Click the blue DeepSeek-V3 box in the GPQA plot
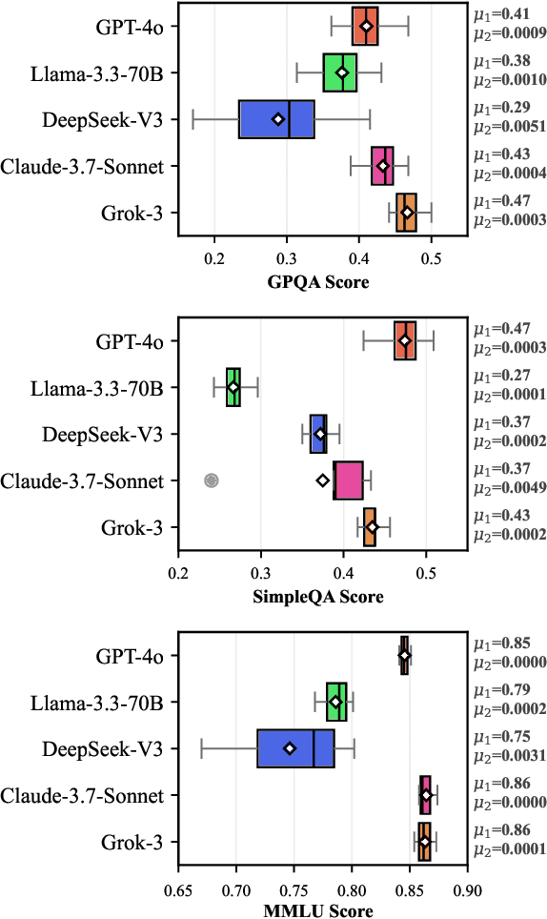coord(276,119)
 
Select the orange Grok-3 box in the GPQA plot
coord(444,212)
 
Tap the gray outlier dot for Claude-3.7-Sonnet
coord(212,480)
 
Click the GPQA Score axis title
coord(321,283)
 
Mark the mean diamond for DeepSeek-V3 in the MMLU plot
coord(290,748)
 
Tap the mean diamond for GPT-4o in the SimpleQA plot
coord(405,340)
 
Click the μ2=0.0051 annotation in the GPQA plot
coord(510,128)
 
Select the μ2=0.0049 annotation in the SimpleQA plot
coord(510,489)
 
